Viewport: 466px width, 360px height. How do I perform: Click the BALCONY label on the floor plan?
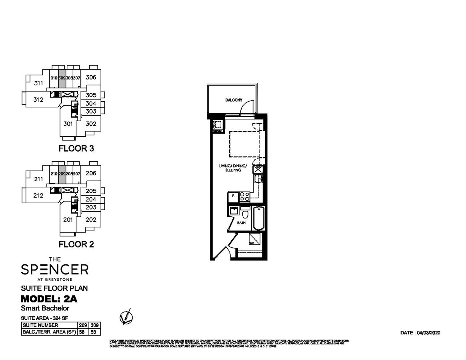click(x=234, y=100)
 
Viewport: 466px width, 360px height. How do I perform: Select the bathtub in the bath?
click(x=258, y=218)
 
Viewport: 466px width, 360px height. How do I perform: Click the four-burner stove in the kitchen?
click(x=244, y=196)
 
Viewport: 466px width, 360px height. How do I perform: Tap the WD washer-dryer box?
click(x=254, y=239)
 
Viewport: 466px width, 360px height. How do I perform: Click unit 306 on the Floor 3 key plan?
click(x=91, y=77)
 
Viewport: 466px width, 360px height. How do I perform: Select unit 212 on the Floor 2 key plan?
click(x=38, y=196)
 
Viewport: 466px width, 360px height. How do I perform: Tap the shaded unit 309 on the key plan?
click(x=62, y=78)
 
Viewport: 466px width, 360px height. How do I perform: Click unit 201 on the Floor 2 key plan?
click(x=68, y=219)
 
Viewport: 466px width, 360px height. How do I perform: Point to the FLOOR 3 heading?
click(x=76, y=148)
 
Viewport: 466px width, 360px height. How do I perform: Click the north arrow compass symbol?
click(x=126, y=317)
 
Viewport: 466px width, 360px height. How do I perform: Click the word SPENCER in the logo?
click(x=54, y=270)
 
